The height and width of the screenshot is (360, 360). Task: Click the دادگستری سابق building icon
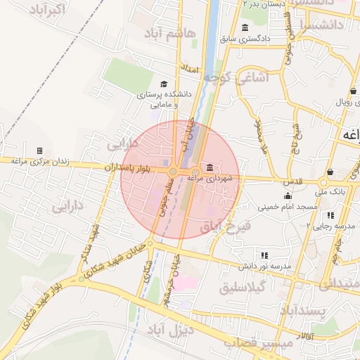tap(245, 27)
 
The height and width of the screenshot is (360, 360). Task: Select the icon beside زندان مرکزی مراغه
tap(39, 150)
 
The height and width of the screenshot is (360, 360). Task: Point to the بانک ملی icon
tap(330, 172)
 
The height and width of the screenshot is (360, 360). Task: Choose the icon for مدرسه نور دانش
tap(264, 255)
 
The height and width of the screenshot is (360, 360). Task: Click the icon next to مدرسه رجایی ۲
tap(330, 215)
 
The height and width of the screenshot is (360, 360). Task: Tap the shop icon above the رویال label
tap(352, 91)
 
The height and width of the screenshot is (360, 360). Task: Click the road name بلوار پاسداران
tap(129, 169)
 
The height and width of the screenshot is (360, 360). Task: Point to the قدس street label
tap(293, 181)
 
